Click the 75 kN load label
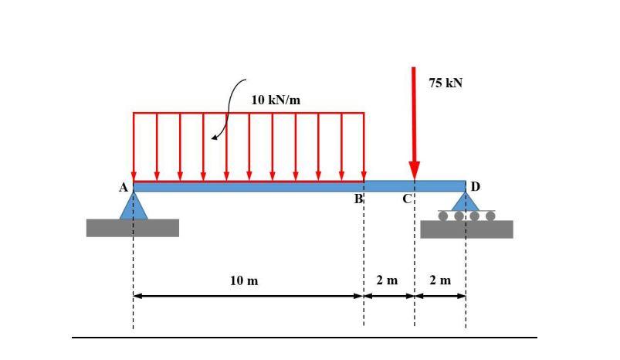[x=446, y=83]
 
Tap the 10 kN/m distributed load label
[x=276, y=100]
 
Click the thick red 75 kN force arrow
[x=415, y=124]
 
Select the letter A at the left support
[x=123, y=188]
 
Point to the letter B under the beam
[x=358, y=199]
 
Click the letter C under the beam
[x=406, y=199]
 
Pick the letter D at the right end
[x=475, y=187]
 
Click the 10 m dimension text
[x=244, y=280]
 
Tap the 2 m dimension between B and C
[x=387, y=280]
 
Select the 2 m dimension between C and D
[x=440, y=280]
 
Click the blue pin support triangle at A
[x=134, y=207]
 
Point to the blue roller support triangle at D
[x=466, y=202]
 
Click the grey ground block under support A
[x=132, y=228]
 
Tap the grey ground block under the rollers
[x=466, y=229]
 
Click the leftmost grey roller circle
[x=443, y=216]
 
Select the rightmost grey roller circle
[x=490, y=216]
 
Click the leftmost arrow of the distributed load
[x=134, y=147]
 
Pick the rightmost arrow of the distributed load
[x=364, y=147]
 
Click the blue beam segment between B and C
[x=388, y=186]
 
